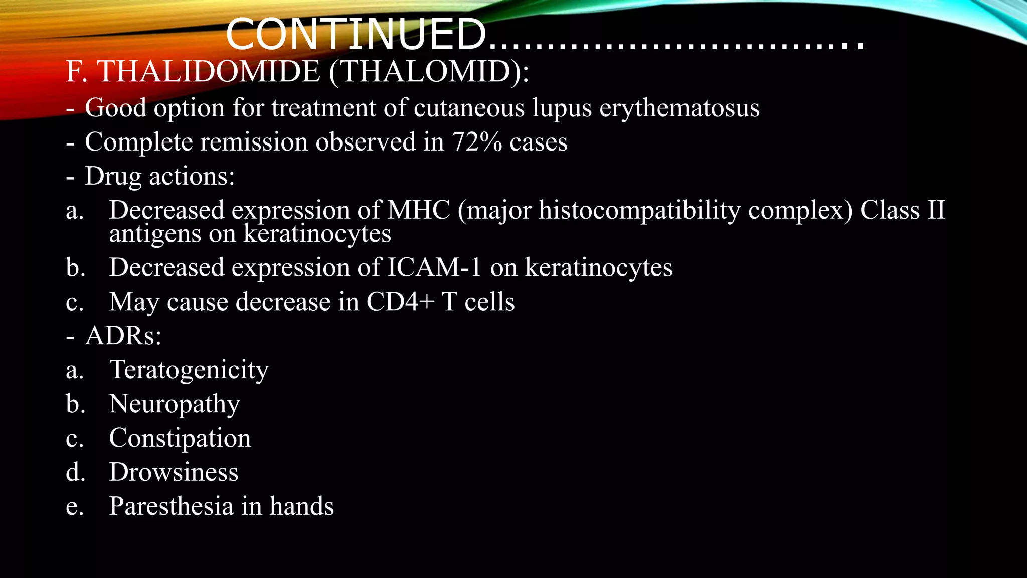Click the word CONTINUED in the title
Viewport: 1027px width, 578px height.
[x=356, y=34]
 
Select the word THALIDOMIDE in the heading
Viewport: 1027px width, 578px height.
[x=209, y=71]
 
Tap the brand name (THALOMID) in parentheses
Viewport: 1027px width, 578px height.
[x=429, y=71]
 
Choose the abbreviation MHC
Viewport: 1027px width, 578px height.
[x=419, y=210]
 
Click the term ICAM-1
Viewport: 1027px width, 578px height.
[x=434, y=267]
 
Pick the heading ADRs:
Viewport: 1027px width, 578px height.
[x=123, y=336]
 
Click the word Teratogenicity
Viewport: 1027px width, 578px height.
[x=189, y=370]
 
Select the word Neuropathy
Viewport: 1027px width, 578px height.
[x=175, y=404]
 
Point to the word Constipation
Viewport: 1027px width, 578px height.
[x=180, y=438]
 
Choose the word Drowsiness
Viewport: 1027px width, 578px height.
[x=174, y=472]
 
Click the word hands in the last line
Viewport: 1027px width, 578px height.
[x=302, y=506]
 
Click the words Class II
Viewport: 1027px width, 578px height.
[x=902, y=210]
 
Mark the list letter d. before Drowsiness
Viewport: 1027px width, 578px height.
[x=76, y=472]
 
